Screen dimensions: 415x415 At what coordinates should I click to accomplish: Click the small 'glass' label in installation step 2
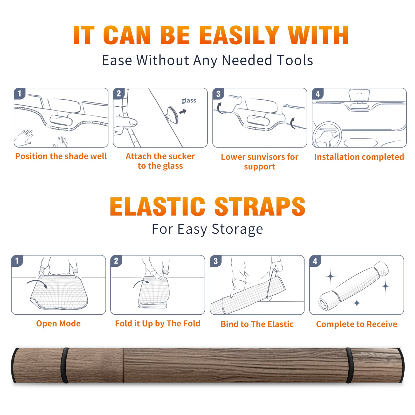(x=189, y=101)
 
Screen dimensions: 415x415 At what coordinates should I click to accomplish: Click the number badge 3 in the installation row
(x=218, y=94)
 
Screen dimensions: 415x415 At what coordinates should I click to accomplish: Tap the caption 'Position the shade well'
(x=61, y=156)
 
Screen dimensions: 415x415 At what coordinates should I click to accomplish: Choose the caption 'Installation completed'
(x=359, y=157)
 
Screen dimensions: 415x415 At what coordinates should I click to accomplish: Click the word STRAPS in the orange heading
(x=260, y=206)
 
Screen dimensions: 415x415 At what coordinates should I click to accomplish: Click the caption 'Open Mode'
(x=58, y=324)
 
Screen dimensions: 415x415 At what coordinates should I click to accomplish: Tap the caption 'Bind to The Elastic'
(x=257, y=324)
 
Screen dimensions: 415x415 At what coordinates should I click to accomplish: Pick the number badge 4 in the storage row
(x=315, y=261)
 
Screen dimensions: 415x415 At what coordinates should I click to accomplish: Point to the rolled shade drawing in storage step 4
(x=354, y=286)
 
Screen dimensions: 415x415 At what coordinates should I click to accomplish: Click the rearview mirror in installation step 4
(x=359, y=95)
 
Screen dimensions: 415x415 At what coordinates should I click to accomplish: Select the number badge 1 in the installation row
(x=19, y=94)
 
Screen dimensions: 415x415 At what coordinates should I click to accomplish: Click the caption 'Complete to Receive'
(x=357, y=324)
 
